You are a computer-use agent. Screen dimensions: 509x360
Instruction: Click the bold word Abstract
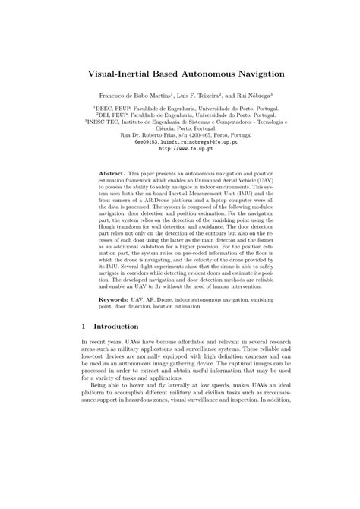[113, 173]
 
